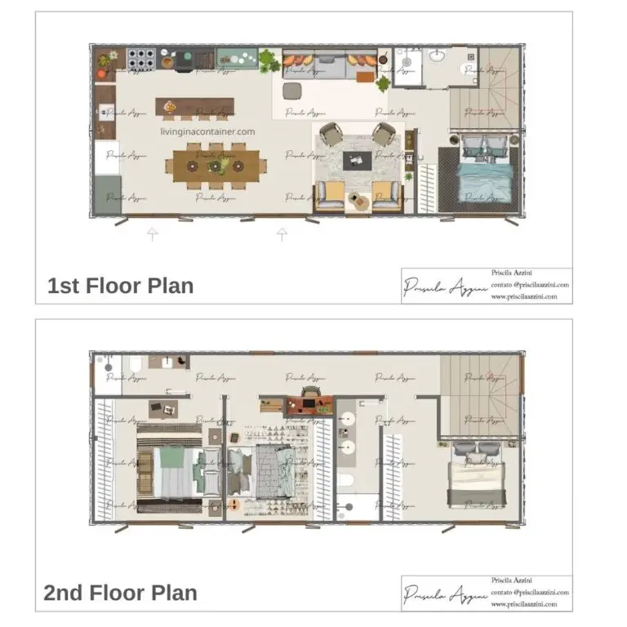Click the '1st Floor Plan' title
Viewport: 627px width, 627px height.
click(x=121, y=287)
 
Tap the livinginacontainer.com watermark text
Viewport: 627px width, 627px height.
click(x=208, y=131)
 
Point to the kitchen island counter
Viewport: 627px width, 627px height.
click(x=194, y=107)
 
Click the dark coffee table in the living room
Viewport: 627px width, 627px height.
click(x=358, y=159)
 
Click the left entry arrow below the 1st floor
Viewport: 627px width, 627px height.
click(x=152, y=235)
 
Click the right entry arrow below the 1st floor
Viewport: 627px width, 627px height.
click(x=282, y=235)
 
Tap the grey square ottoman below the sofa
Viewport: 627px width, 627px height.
click(x=292, y=89)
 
